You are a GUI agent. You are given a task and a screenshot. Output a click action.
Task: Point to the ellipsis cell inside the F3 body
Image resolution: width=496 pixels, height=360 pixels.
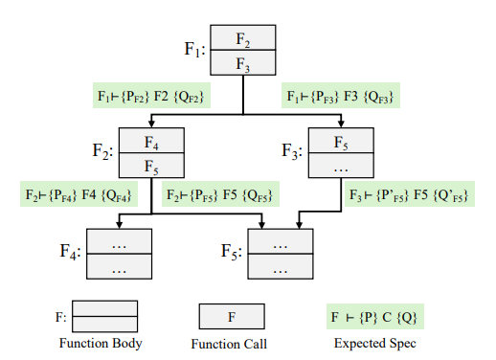(340, 165)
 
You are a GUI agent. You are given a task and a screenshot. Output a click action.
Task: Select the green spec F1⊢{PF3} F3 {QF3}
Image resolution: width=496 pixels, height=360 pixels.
(341, 98)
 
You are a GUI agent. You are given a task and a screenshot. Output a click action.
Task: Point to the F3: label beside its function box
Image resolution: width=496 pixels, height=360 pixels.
(293, 151)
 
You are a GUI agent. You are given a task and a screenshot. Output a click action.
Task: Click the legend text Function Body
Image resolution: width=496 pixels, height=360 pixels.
(102, 343)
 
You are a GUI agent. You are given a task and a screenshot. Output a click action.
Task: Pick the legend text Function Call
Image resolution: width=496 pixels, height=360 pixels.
(231, 343)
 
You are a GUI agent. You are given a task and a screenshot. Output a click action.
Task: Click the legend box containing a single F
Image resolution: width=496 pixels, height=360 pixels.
(231, 316)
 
